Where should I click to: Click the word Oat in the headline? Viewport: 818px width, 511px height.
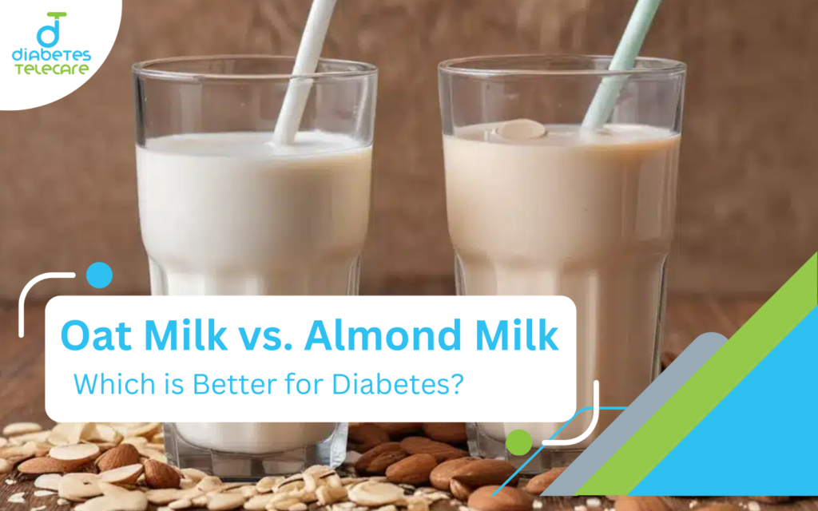pos(96,335)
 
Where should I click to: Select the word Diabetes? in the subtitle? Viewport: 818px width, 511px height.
pos(398,384)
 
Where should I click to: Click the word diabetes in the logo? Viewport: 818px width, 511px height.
pos(52,55)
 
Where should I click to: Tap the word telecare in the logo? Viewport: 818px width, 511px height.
pos(52,69)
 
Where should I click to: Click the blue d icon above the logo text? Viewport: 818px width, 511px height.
pos(50,30)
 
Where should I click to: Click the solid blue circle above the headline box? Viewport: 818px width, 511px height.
pos(99,275)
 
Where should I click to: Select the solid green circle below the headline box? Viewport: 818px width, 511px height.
pos(518,442)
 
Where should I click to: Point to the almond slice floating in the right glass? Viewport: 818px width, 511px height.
pos(520,129)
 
